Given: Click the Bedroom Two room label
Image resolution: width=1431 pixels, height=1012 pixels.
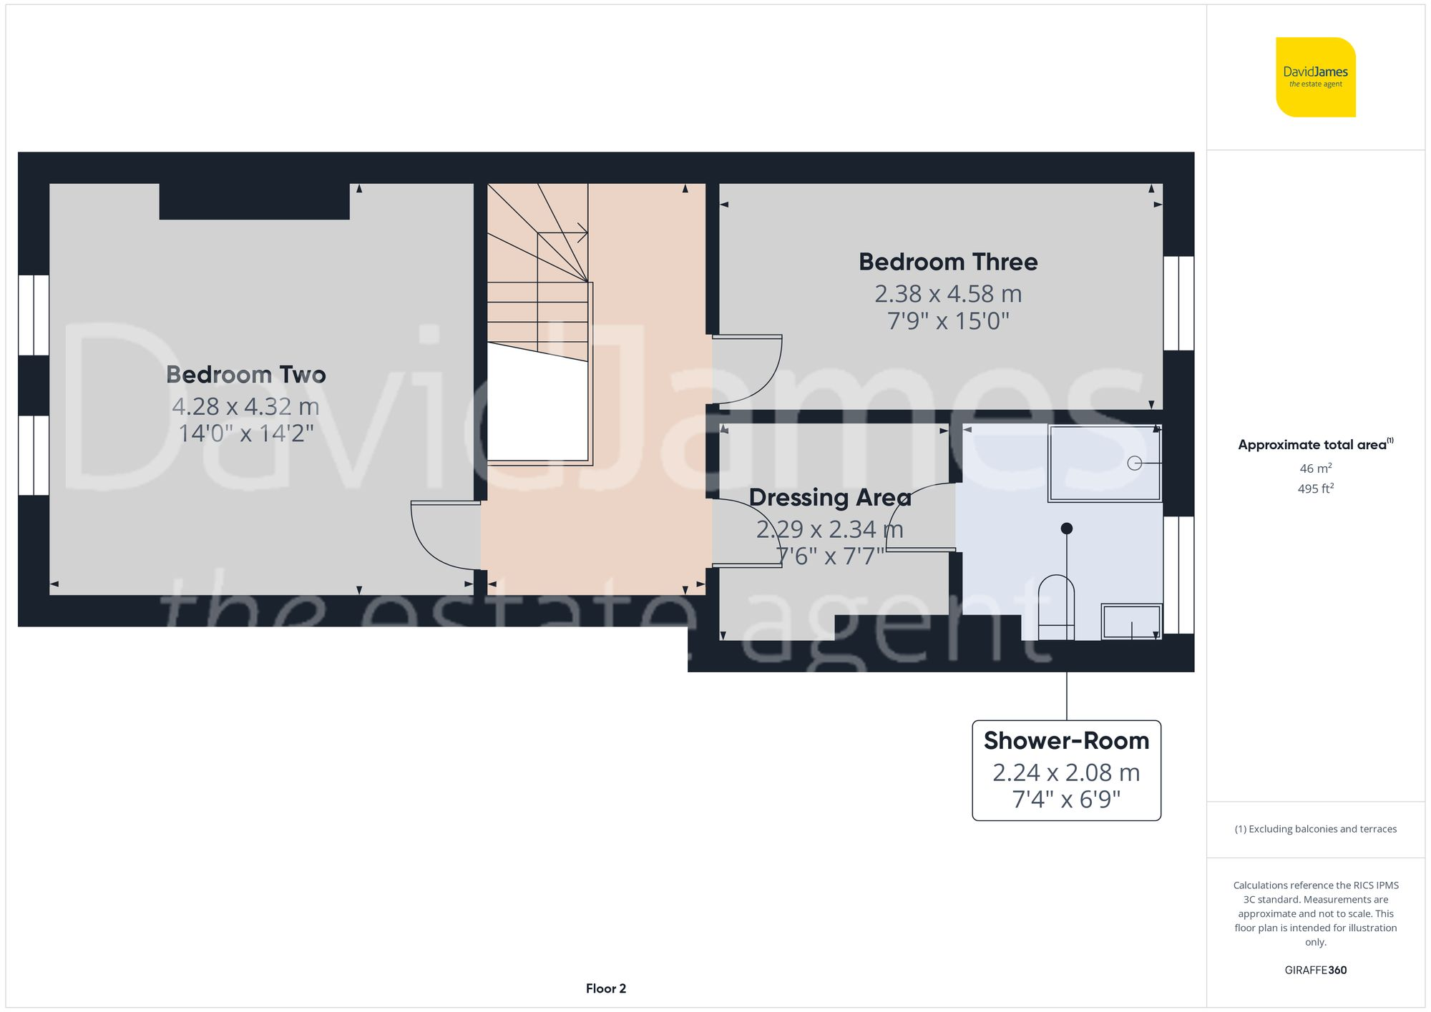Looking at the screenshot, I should tap(245, 375).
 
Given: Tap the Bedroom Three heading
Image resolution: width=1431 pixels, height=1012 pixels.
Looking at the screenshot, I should tap(948, 262).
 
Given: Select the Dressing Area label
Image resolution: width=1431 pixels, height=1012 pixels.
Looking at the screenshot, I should tap(829, 497).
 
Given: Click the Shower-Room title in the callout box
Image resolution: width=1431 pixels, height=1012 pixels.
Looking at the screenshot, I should tap(1066, 741).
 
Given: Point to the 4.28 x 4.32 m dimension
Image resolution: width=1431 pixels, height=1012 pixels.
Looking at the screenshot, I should tap(245, 406).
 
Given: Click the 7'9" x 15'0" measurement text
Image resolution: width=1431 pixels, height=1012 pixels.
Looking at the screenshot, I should tap(948, 321).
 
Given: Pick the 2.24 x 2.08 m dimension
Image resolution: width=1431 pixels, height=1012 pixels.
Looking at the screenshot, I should tap(1066, 772).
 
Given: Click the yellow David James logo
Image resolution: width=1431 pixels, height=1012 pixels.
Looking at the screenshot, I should tap(1315, 77).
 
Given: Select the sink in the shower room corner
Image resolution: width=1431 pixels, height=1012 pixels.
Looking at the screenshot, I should tap(1131, 621).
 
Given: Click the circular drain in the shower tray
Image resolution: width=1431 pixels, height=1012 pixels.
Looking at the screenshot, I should tap(1134, 463).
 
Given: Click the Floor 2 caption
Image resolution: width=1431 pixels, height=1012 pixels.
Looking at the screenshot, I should tap(605, 988).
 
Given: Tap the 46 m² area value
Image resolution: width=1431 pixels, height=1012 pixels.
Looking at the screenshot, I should tap(1315, 468).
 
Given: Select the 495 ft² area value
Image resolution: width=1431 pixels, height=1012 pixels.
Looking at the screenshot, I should tap(1315, 489).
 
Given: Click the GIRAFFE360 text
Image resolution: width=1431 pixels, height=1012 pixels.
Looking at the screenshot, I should tap(1315, 971).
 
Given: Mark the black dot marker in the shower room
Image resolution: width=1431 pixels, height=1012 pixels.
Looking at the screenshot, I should tap(1066, 529).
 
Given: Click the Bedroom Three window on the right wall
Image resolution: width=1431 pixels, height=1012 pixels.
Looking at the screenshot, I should tap(1178, 303).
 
